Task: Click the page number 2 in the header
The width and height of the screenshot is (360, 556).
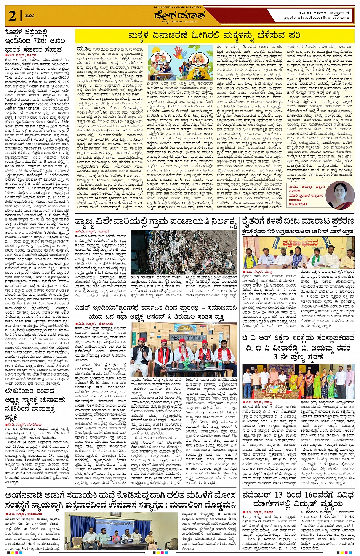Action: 12,16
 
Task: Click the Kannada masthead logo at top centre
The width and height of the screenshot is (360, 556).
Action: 179,16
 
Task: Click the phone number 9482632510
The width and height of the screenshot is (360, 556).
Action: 298,204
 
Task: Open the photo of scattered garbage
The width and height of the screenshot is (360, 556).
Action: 184,252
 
